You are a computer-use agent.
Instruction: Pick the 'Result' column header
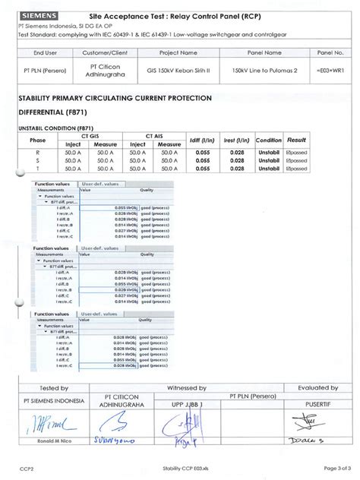coord(296,141)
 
